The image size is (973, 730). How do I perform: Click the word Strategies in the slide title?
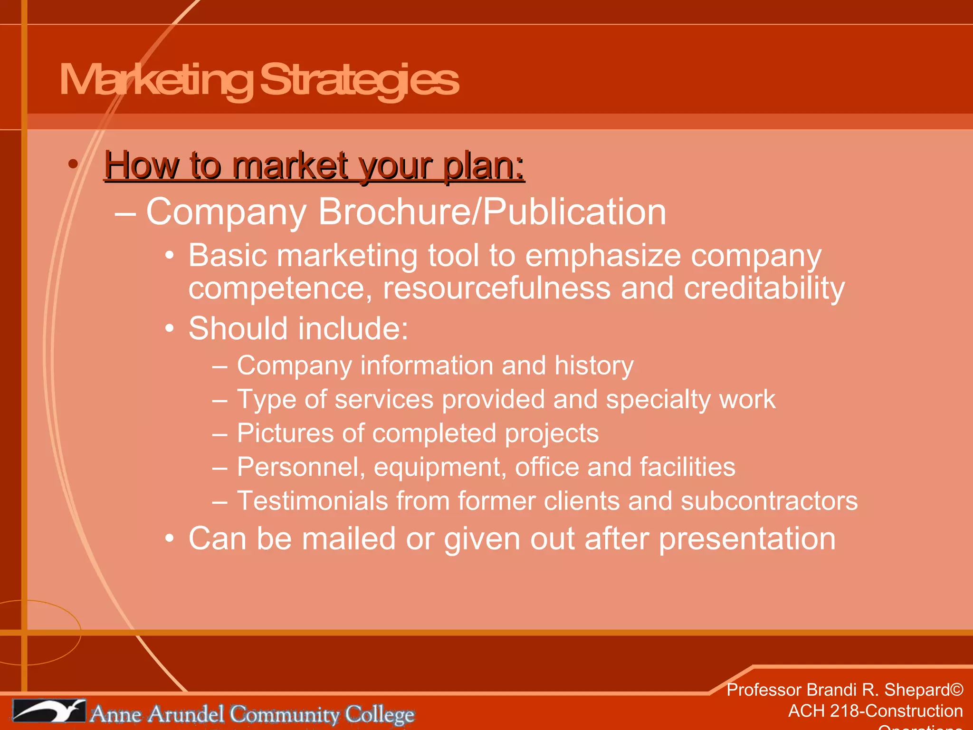[359, 80]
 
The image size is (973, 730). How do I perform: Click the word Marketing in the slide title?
[157, 80]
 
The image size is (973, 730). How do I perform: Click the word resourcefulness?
[496, 288]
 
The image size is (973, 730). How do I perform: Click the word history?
[594, 366]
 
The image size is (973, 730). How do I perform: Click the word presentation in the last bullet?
[747, 539]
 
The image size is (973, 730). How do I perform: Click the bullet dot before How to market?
[73, 164]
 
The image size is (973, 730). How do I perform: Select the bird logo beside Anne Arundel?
[49, 711]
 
